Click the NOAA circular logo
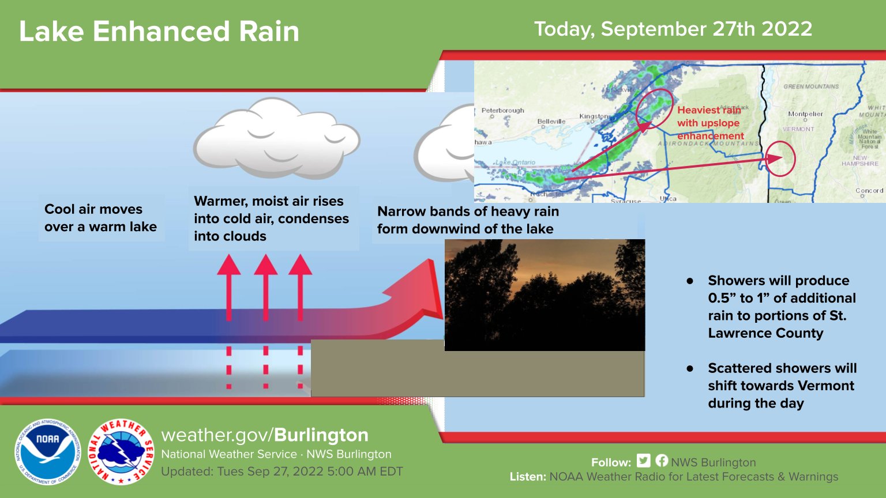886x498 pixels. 47,451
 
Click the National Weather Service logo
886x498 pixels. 121,451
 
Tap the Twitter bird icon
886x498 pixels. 644,461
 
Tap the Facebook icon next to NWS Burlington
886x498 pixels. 662,461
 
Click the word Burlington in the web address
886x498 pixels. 321,435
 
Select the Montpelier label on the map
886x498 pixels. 805,114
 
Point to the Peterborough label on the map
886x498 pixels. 502,110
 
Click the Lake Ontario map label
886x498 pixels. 516,163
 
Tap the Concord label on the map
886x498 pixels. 869,190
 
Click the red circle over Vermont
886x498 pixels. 780,158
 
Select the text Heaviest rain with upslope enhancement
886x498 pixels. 709,123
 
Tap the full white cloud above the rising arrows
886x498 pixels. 276,138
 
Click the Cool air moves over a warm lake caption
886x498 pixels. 100,218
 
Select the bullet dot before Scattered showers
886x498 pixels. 690,368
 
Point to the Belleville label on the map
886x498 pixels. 551,122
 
